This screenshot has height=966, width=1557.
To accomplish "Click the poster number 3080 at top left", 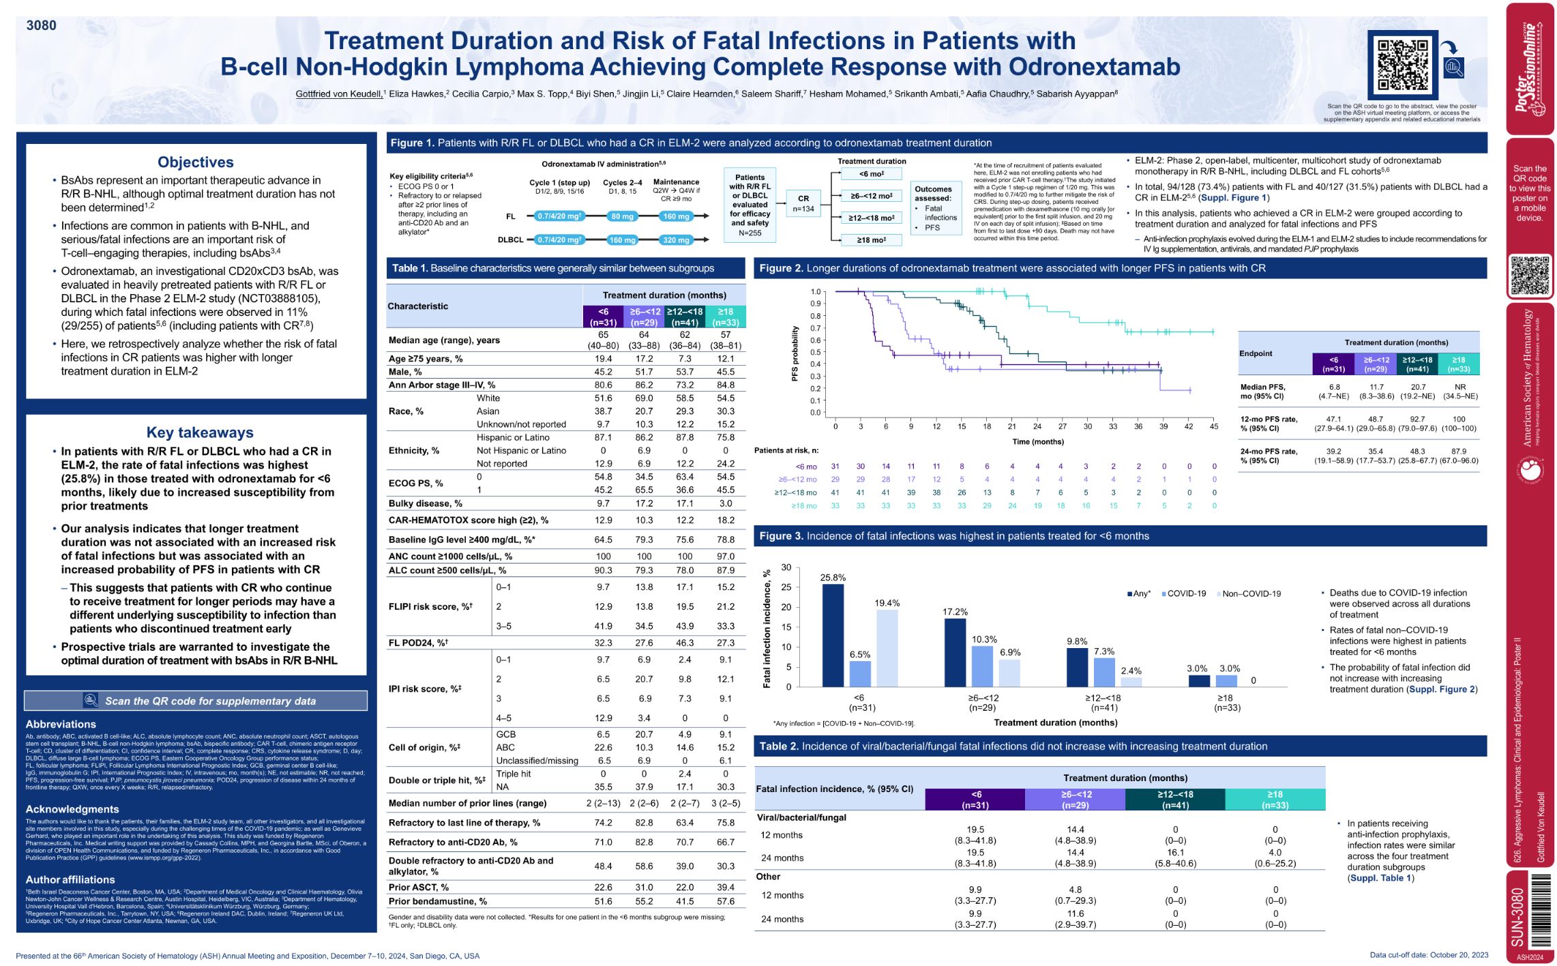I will pyautogui.click(x=41, y=25).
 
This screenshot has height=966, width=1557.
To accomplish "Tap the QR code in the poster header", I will pyautogui.click(x=1402, y=65).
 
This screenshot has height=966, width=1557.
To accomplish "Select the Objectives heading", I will pyautogui.click(x=196, y=162).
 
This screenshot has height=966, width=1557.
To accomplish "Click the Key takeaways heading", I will pyautogui.click(x=200, y=433).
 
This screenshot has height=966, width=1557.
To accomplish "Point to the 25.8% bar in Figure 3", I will pyautogui.click(x=832, y=634).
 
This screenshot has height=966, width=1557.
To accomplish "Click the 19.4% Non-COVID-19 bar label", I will pyautogui.click(x=887, y=603).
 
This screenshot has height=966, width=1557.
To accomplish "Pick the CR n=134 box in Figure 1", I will pyautogui.click(x=803, y=203).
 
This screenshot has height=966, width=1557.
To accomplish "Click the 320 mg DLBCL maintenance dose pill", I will pyautogui.click(x=675, y=240).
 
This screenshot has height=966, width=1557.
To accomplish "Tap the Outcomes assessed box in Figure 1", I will pyautogui.click(x=934, y=208).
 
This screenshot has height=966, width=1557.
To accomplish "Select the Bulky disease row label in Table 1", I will pyautogui.click(x=426, y=503).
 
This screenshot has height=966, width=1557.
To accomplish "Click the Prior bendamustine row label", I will pyautogui.click(x=438, y=901).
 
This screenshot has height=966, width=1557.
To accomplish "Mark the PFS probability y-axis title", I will pyautogui.click(x=795, y=353).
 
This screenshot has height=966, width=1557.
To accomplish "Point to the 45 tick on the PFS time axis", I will pyautogui.click(x=1214, y=426).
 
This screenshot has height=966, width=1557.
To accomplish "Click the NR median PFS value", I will pyautogui.click(x=1460, y=387).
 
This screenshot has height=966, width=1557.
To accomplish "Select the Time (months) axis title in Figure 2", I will pyautogui.click(x=1038, y=441).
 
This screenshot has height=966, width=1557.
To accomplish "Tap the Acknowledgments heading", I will pyautogui.click(x=72, y=809).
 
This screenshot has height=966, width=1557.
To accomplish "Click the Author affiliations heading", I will pyautogui.click(x=70, y=879).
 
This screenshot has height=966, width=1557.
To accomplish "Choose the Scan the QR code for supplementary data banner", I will pyautogui.click(x=196, y=701).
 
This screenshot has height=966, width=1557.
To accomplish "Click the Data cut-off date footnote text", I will pyautogui.click(x=1429, y=955).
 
